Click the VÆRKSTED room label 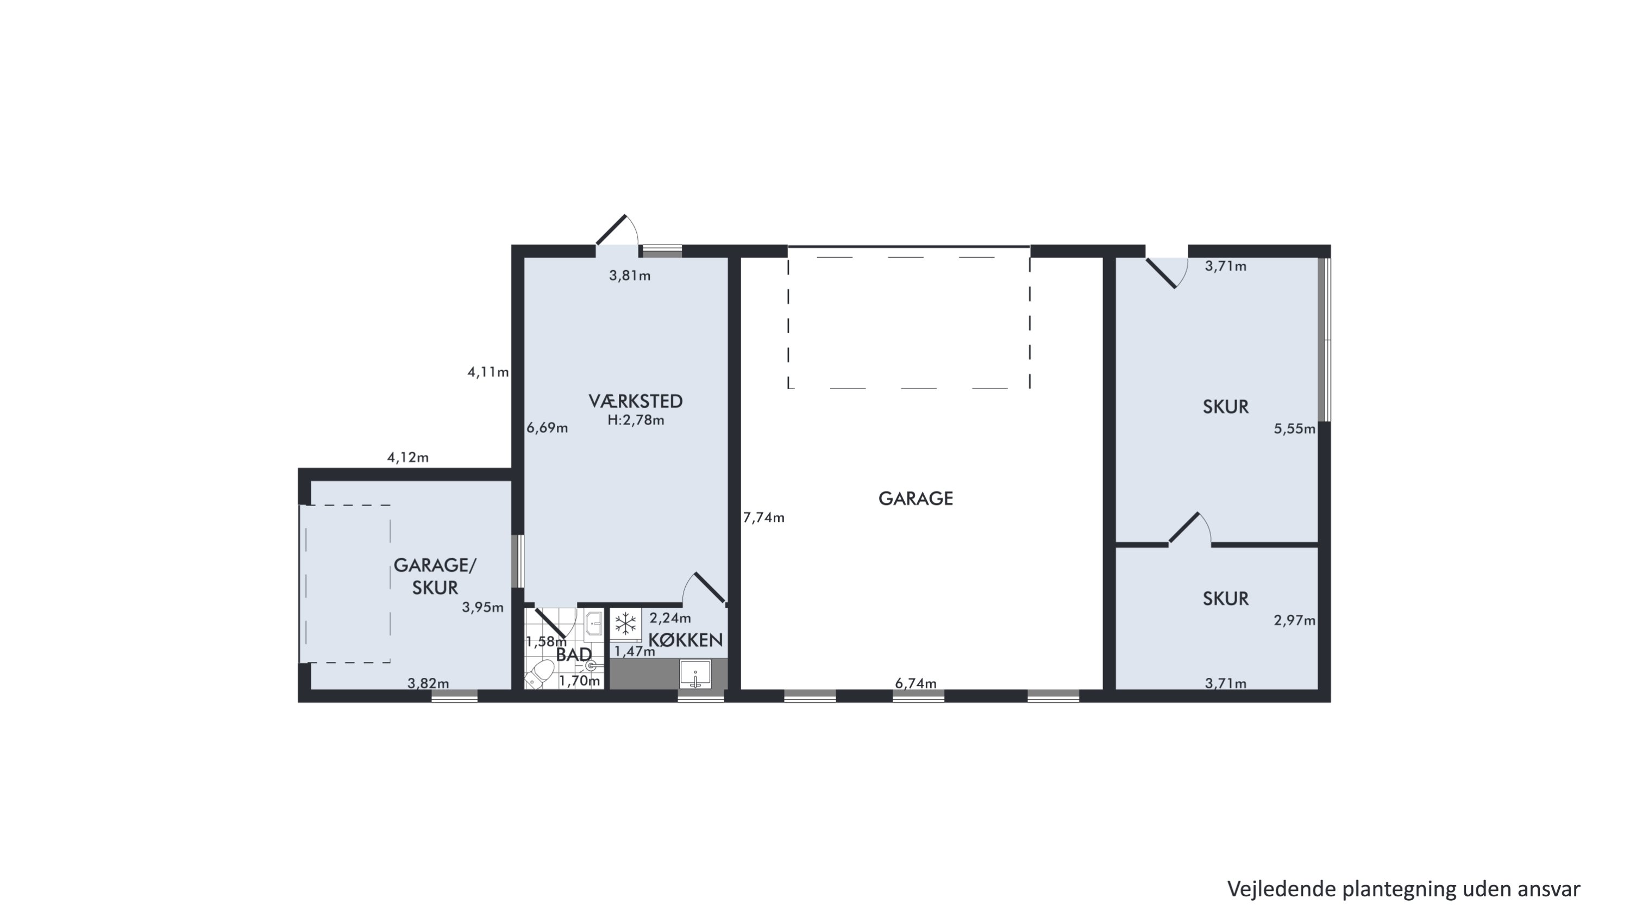click(635, 401)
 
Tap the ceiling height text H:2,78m click(636, 420)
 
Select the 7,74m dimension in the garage click(764, 517)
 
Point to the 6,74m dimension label click(916, 683)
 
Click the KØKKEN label click(686, 640)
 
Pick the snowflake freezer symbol click(626, 623)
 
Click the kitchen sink click(695, 674)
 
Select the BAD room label click(574, 655)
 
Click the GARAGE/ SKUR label click(435, 577)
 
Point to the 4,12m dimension click(408, 457)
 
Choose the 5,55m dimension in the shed click(1295, 429)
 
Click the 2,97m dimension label click(1295, 621)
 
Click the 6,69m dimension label click(547, 428)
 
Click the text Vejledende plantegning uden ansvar click(1404, 889)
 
